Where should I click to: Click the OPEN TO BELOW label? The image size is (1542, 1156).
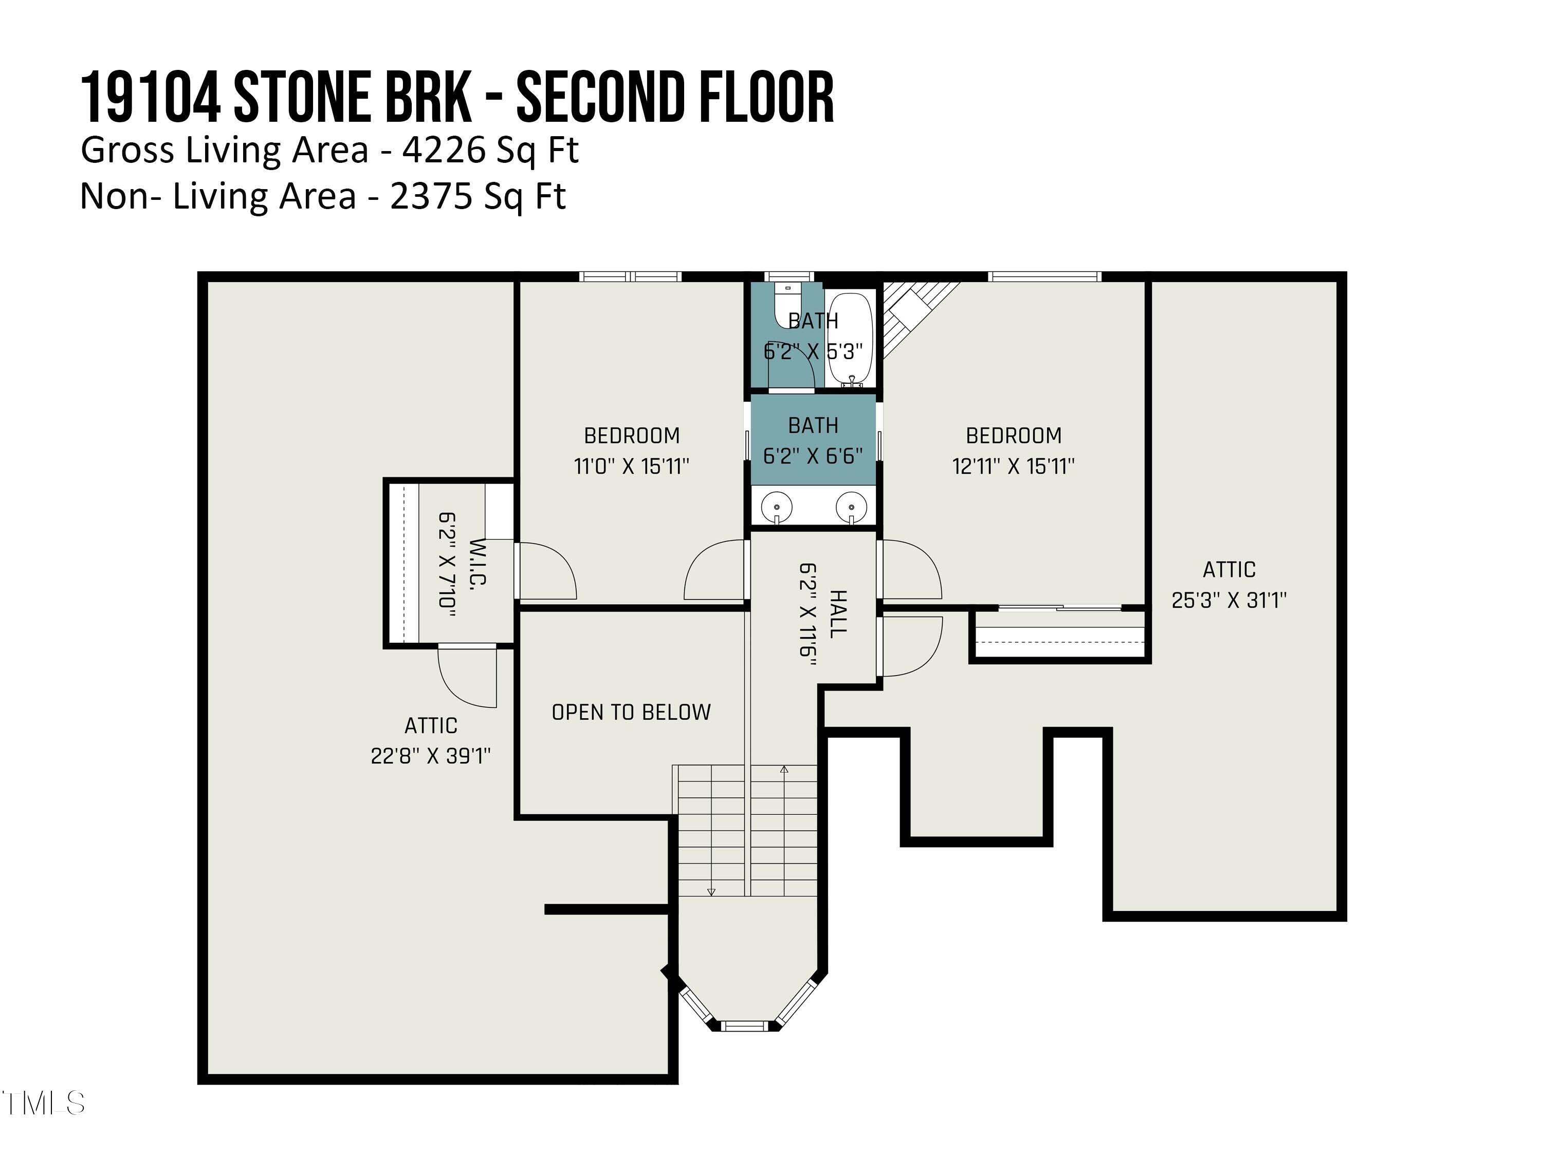pyautogui.click(x=631, y=712)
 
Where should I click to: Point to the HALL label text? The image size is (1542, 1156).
pyautogui.click(x=837, y=613)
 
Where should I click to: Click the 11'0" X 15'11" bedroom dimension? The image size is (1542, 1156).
pyautogui.click(x=631, y=466)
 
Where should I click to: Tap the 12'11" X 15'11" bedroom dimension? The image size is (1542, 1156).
pyautogui.click(x=1013, y=466)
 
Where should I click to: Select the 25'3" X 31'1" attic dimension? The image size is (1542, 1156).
pyautogui.click(x=1228, y=600)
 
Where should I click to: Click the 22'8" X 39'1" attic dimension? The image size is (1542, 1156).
pyautogui.click(x=430, y=756)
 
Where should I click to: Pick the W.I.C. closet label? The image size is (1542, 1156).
pyautogui.click(x=478, y=562)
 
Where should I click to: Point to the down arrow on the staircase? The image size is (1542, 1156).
pyautogui.click(x=711, y=891)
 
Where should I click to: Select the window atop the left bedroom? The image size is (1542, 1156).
pyautogui.click(x=630, y=276)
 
